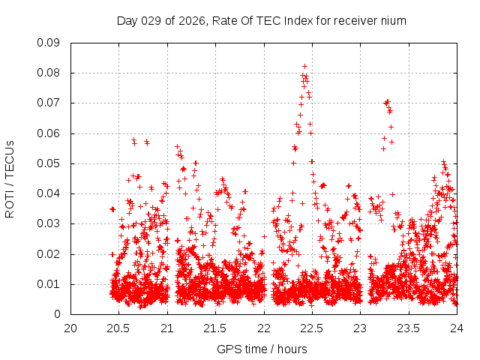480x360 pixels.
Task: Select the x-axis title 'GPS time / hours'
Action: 262,349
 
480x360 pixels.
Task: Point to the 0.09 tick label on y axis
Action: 49,43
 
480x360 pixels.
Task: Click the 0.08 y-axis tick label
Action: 49,73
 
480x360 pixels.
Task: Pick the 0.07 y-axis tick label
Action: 49,103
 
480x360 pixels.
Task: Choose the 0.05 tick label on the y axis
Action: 49,163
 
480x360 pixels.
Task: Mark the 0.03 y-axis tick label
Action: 49,223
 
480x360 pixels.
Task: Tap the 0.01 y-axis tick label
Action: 49,283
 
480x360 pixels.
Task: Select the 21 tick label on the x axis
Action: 167,328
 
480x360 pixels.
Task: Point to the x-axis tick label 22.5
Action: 312,328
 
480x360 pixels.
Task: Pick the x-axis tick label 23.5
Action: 409,328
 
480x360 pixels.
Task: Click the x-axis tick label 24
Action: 457,328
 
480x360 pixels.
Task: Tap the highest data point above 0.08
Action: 304,66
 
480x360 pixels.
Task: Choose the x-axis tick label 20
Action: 70,328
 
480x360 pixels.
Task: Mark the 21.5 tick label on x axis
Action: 215,328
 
